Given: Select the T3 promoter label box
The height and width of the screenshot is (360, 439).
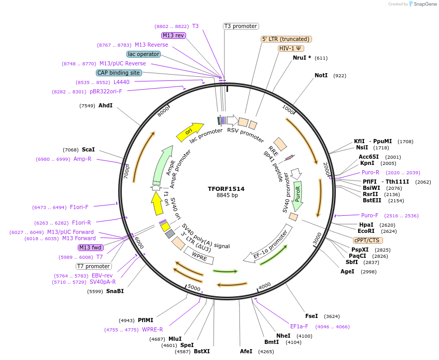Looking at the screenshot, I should (240, 26).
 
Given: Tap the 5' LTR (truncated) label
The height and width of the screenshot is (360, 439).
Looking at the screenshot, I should (286, 39).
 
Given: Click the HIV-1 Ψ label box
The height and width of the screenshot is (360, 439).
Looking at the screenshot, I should (291, 48).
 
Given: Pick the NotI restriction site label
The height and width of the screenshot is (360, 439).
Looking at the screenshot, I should (321, 76).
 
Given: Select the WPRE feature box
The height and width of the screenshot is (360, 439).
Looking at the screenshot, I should (199, 255).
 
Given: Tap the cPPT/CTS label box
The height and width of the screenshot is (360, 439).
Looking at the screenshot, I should (366, 240).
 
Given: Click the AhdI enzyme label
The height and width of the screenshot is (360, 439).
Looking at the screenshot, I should (105, 106).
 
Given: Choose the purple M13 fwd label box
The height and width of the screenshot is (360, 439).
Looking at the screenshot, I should (91, 247).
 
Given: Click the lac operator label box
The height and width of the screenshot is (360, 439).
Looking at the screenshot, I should (143, 54).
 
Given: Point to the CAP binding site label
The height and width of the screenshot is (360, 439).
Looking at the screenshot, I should (118, 73).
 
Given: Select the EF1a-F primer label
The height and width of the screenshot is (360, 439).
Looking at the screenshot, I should (299, 327).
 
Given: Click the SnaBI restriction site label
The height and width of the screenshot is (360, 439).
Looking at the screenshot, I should (115, 291).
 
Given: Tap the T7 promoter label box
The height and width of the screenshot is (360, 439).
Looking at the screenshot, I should (93, 266).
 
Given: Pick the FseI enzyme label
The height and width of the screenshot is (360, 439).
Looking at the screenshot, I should (311, 316).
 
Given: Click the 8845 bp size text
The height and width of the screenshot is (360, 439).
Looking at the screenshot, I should (227, 196).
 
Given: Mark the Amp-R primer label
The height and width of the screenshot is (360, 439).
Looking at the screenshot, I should (82, 159).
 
